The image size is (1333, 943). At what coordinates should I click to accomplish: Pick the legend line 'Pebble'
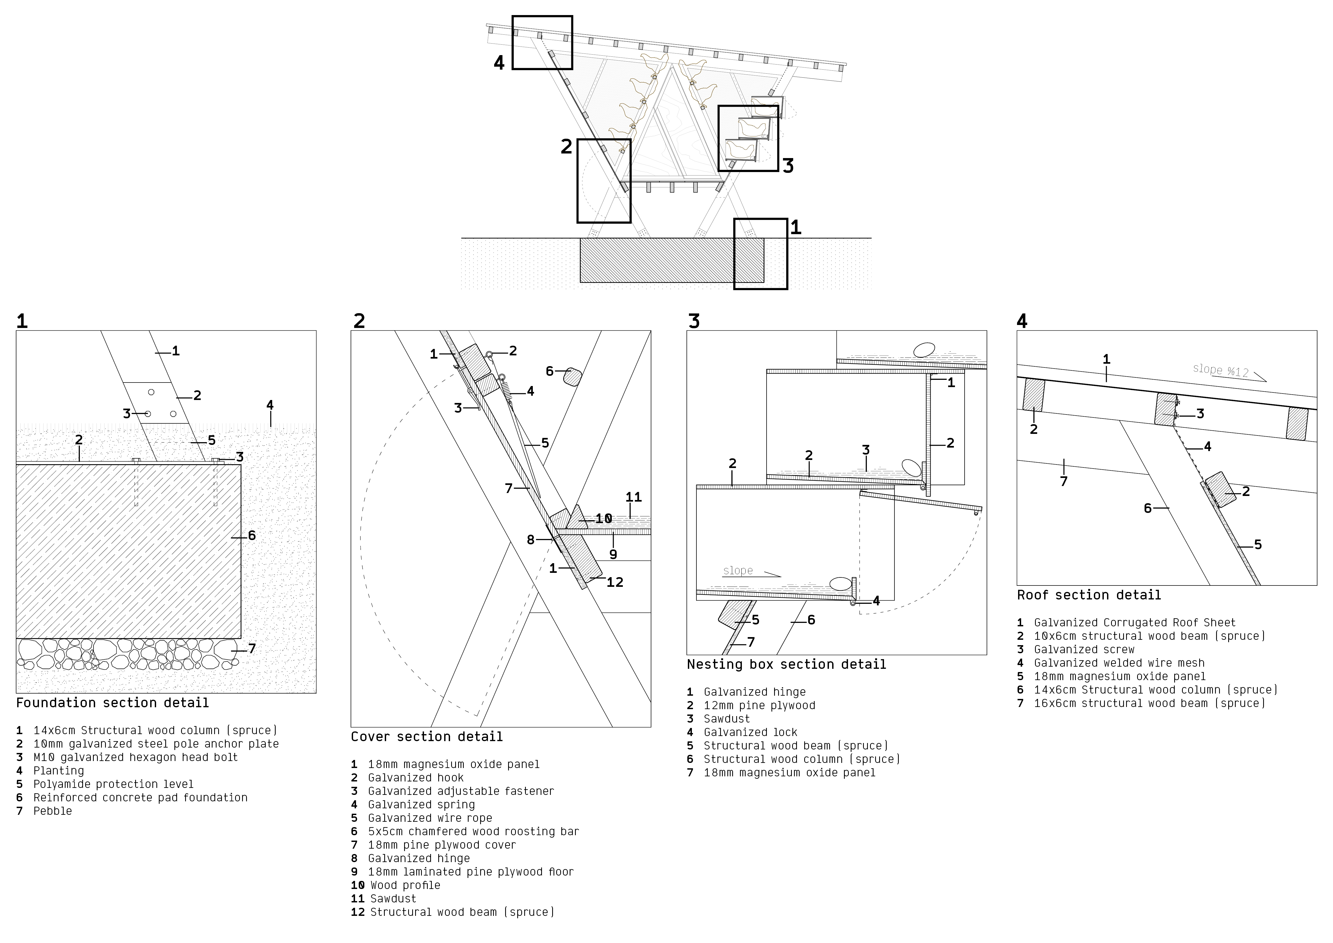52,811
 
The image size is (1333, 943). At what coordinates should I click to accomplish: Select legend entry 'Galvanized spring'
421,805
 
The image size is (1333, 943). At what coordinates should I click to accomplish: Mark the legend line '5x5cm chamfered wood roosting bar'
473,831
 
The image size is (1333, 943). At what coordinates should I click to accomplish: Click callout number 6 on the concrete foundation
251,535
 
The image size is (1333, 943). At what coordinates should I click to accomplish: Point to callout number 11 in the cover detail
633,497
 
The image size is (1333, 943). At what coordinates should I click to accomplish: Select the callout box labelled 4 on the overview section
542,42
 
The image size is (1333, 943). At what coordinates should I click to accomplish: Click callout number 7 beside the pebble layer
251,649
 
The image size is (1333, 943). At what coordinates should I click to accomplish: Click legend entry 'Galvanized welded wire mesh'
1119,663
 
